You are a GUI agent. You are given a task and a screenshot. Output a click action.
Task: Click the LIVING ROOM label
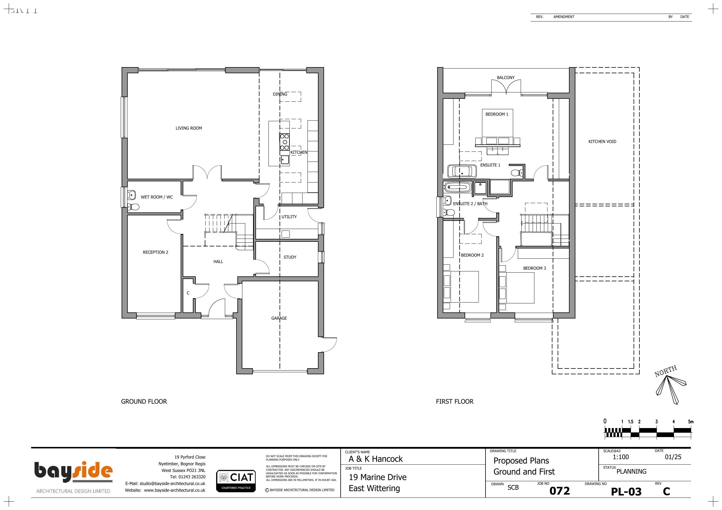pyautogui.click(x=188, y=128)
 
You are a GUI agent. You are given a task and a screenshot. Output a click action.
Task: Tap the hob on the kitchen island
pyautogui.click(x=284, y=142)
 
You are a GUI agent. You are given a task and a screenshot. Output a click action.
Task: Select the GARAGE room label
pyautogui.click(x=279, y=318)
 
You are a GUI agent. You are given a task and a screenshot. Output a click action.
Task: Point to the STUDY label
pyautogui.click(x=290, y=257)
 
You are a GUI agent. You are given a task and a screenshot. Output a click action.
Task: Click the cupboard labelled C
pyautogui.click(x=188, y=293)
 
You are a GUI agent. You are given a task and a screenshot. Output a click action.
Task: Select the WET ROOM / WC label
pyautogui.click(x=157, y=197)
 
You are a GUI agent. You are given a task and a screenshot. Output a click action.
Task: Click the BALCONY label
pyautogui.click(x=506, y=78)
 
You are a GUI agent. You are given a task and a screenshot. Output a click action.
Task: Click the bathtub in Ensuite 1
pyautogui.click(x=462, y=171)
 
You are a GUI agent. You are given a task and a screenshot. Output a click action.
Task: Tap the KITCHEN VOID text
pyautogui.click(x=602, y=142)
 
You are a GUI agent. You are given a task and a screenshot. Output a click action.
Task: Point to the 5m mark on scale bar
pyautogui.click(x=691, y=422)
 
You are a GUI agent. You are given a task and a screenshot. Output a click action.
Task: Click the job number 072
pyautogui.click(x=559, y=491)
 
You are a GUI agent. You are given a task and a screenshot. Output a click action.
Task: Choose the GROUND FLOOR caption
pyautogui.click(x=144, y=402)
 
